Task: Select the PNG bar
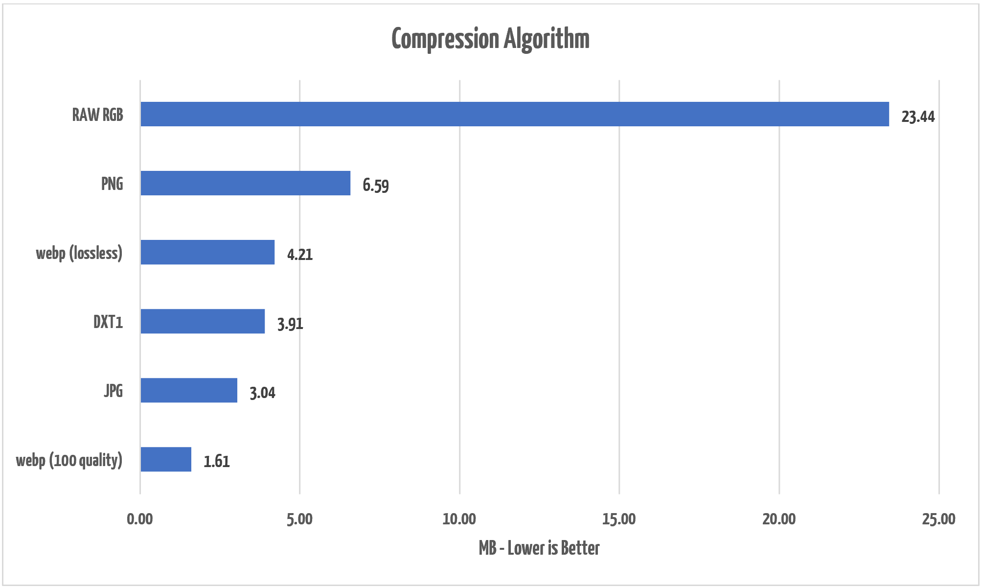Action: pos(245,183)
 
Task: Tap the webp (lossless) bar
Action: pos(207,252)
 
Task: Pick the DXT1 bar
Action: pos(203,321)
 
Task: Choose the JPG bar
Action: pos(189,390)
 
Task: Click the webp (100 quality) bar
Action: pos(166,459)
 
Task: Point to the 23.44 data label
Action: pos(918,117)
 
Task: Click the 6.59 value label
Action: pos(375,186)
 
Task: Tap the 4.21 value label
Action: pos(299,255)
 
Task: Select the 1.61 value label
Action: pos(216,461)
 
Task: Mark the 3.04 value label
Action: pos(262,393)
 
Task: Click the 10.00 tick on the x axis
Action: pos(459,519)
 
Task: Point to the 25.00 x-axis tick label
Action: pos(938,519)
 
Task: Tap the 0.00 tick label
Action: pos(140,519)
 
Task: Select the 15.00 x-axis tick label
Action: pos(619,519)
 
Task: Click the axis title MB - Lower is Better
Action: pos(539,548)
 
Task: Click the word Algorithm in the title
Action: pos(547,39)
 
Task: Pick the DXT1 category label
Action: pos(108,322)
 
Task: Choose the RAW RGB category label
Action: pos(97,115)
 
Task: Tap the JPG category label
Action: pos(113,391)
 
